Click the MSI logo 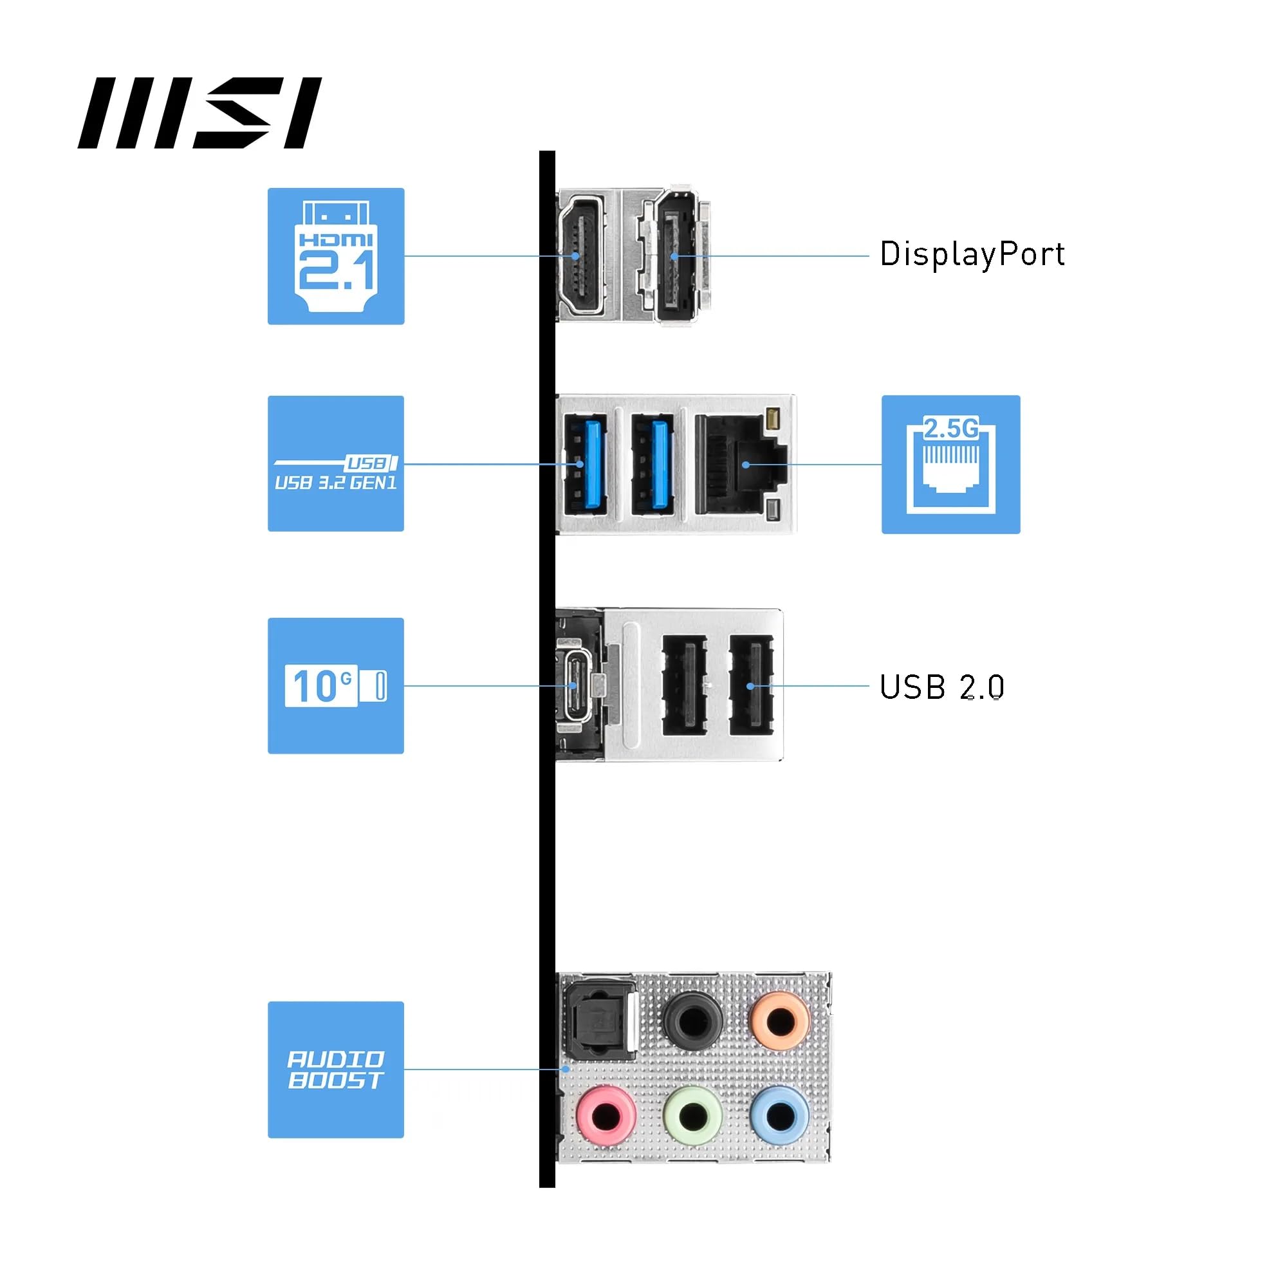tap(199, 113)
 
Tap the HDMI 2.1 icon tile tap(336, 256)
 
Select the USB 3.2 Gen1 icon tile tap(336, 463)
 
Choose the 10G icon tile tap(336, 685)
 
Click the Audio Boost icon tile tap(336, 1069)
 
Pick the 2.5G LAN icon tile tap(950, 465)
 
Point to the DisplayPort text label tap(972, 254)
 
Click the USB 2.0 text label tap(941, 687)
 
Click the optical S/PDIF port tap(598, 1023)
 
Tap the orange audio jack tap(780, 1019)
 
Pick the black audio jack tap(693, 1019)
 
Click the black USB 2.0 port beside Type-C tap(684, 685)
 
